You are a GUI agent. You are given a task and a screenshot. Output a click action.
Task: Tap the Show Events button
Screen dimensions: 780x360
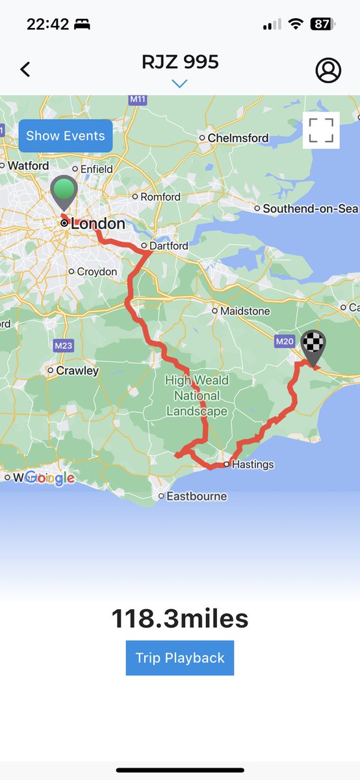65,136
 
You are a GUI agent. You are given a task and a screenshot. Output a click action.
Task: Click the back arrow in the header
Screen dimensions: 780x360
25,70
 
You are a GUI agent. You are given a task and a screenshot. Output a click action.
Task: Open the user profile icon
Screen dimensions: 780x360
328,70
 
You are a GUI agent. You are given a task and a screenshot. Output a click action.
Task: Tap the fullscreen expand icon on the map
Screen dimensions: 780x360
321,129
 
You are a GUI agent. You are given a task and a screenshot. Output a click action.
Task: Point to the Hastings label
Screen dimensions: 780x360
253,464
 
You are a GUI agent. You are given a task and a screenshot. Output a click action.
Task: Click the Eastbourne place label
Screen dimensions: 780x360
196,496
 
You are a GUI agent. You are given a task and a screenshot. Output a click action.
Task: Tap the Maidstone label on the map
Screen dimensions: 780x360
244,311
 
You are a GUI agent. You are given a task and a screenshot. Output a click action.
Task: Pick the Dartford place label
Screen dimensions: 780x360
168,246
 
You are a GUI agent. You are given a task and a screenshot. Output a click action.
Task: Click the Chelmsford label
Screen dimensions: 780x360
238,138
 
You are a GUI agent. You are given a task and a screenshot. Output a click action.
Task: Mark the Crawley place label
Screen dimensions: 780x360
77,370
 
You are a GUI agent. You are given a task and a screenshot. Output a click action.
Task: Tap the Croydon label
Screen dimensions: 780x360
97,271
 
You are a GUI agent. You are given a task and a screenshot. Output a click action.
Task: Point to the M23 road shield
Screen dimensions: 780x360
63,346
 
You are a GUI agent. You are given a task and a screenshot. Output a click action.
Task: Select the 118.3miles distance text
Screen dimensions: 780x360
180,619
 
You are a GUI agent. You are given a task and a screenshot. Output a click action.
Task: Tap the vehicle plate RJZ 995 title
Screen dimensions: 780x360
180,62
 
